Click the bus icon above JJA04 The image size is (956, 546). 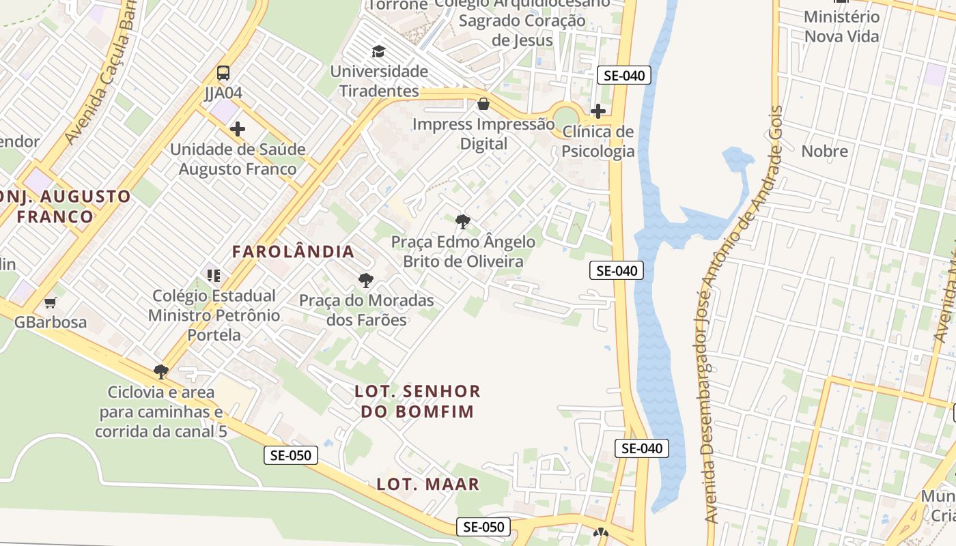[x=223, y=73]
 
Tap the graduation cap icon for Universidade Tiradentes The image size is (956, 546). [x=378, y=51]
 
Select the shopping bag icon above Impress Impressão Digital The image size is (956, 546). [x=483, y=104]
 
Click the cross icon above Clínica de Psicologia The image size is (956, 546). [x=598, y=111]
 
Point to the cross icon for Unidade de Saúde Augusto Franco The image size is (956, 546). [x=238, y=128]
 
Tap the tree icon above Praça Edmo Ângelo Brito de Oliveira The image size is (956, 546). [x=463, y=221]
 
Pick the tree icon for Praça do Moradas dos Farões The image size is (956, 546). [x=366, y=280]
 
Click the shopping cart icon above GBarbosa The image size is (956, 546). [x=50, y=302]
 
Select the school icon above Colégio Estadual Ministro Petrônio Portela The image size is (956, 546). [x=214, y=275]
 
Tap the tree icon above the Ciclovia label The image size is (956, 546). [x=161, y=372]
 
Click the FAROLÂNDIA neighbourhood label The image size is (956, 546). [x=293, y=251]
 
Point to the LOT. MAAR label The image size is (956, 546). [x=428, y=485]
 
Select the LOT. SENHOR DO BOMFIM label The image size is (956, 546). [x=418, y=401]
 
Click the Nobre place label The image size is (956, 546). [x=824, y=152]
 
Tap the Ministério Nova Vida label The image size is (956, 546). [x=841, y=26]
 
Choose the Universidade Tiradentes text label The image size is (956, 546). [x=379, y=81]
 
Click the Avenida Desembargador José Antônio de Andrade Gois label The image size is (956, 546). [x=742, y=314]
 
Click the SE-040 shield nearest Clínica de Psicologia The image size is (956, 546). [x=623, y=75]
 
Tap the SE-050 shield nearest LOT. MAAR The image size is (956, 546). [x=483, y=527]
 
